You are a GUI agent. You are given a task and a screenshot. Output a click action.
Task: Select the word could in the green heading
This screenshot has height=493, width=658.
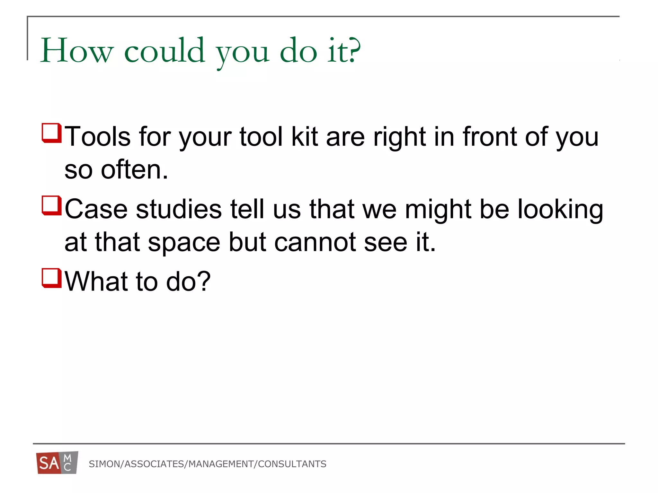click(x=164, y=51)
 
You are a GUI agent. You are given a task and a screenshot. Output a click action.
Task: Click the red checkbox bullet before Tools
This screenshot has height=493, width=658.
click(x=51, y=133)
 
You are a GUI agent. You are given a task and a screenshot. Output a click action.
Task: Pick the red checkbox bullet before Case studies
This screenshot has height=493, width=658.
click(x=51, y=205)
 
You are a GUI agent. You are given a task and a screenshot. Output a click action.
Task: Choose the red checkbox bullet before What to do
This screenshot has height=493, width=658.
click(x=51, y=278)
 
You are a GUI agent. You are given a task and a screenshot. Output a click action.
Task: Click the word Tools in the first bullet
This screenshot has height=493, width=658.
click(x=98, y=136)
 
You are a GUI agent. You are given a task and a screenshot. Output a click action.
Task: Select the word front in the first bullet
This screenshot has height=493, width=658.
click(x=489, y=136)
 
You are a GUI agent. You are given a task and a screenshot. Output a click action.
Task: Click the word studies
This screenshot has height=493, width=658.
click(x=179, y=209)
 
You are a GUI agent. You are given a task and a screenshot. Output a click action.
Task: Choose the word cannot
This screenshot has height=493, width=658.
click(x=315, y=242)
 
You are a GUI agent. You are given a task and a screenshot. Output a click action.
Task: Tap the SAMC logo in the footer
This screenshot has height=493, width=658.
click(x=57, y=463)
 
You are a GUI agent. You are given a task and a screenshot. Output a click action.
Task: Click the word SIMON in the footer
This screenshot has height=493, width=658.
click(x=104, y=464)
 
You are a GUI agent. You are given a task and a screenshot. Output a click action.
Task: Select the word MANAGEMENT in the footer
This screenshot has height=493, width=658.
click(x=221, y=464)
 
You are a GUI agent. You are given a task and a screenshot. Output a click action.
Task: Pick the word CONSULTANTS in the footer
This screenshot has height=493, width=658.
click(x=292, y=464)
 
